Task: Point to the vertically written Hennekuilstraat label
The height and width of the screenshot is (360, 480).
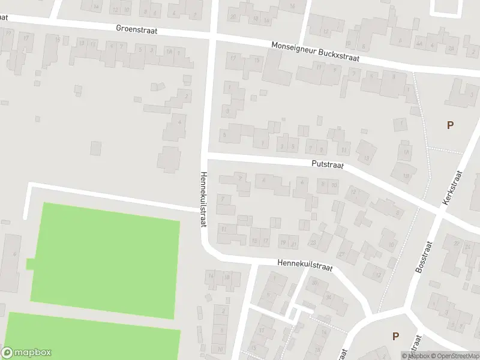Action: click(203, 199)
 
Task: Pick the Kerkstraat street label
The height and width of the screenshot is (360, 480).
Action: click(452, 188)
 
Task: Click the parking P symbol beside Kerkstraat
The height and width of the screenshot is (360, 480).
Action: click(450, 125)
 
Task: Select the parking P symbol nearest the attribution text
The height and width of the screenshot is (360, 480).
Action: click(395, 336)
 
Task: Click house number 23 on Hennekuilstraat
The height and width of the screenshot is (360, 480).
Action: click(312, 242)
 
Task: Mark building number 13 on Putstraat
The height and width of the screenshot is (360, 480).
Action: click(366, 158)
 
